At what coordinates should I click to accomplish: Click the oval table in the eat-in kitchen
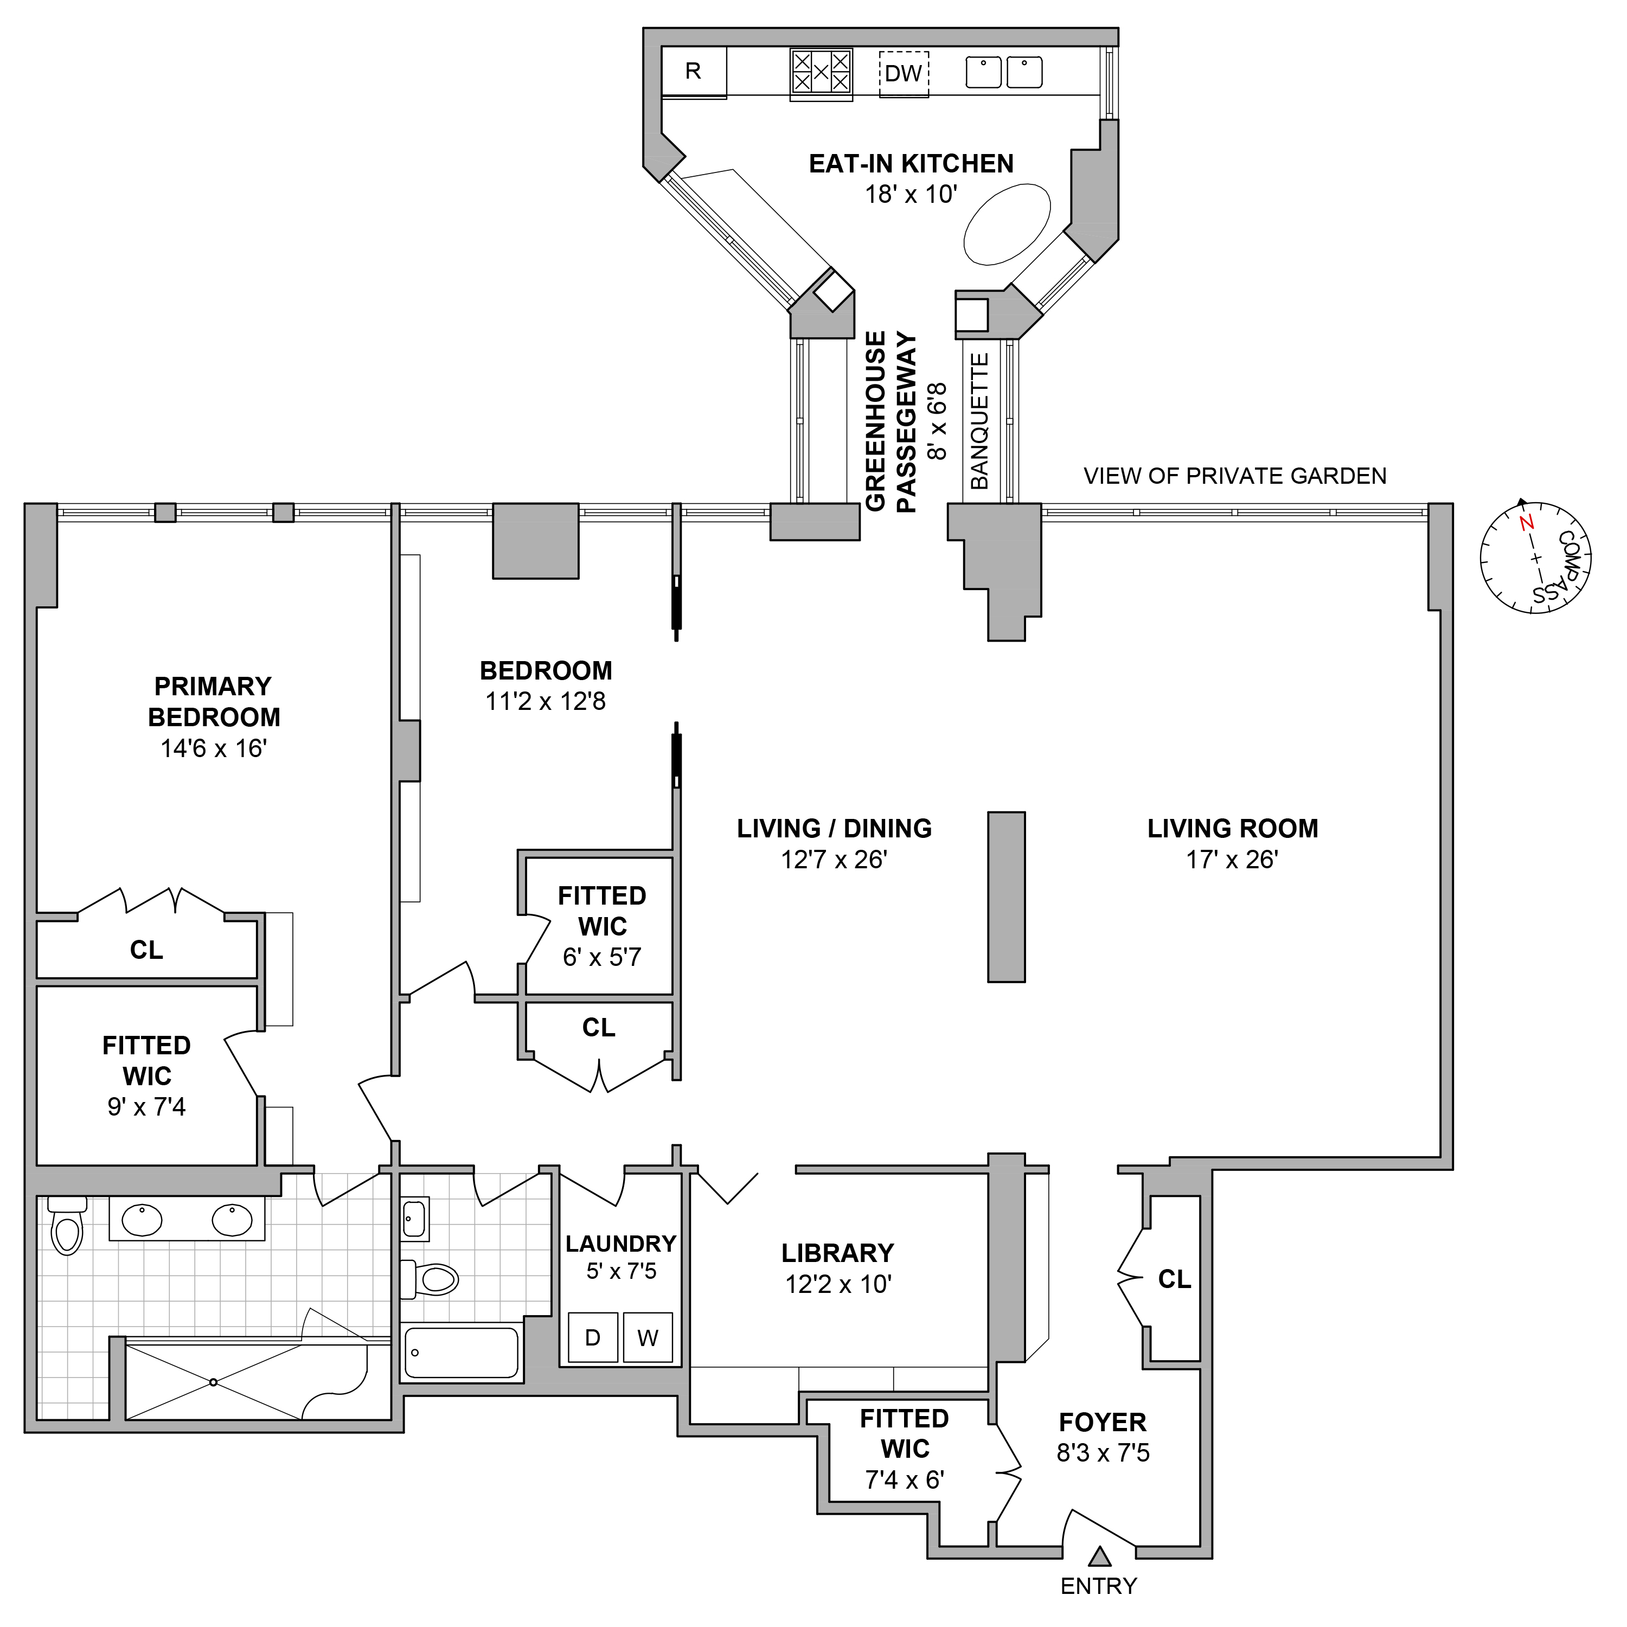1007,225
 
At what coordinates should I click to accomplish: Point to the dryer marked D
593,1337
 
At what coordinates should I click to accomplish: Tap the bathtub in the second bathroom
462,1353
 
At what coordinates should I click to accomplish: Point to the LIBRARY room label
837,1253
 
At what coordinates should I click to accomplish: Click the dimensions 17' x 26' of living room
1232,860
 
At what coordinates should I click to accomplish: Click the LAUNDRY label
620,1244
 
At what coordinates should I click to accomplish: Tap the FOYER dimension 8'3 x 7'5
1103,1453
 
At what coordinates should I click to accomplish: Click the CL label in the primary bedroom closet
146,950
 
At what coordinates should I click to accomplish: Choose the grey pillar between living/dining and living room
1007,897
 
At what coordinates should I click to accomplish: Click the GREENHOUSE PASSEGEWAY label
891,421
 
